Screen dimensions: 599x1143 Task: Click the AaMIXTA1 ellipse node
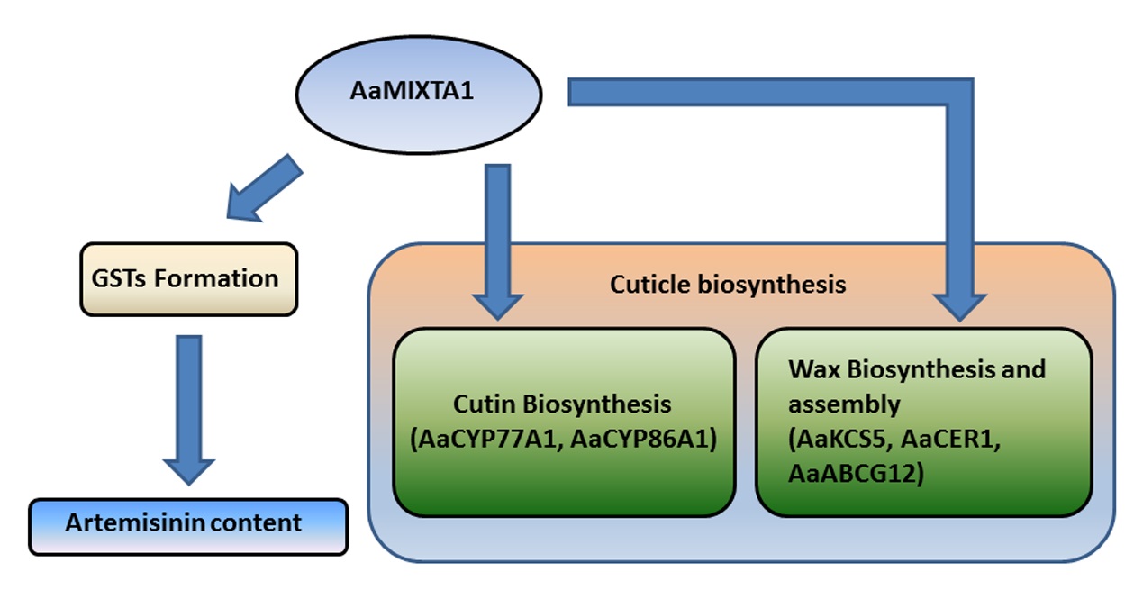[x=419, y=93]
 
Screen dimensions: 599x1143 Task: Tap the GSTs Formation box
[x=188, y=278]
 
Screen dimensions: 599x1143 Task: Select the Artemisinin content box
[x=188, y=524]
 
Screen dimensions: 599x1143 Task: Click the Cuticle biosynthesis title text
[x=728, y=285]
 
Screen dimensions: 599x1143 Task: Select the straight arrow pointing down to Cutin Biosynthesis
[x=497, y=239]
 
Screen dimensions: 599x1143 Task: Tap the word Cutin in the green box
[x=483, y=404]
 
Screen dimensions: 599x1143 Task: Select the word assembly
[x=843, y=405]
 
